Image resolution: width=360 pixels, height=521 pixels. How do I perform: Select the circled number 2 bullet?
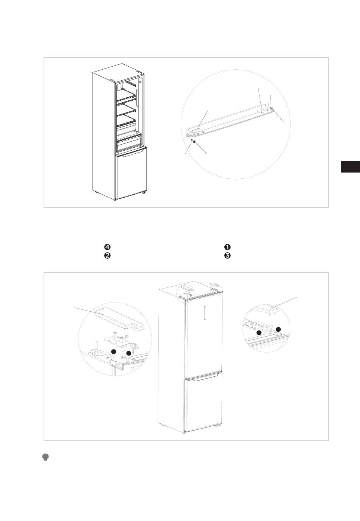pos(107,256)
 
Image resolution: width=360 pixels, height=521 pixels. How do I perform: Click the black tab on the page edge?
pos(350,167)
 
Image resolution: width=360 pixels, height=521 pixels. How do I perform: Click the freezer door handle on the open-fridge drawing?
pos(130,152)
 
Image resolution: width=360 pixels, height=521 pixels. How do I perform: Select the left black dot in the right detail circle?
pos(259,332)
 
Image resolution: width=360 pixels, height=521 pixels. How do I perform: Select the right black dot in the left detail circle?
pos(129,353)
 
